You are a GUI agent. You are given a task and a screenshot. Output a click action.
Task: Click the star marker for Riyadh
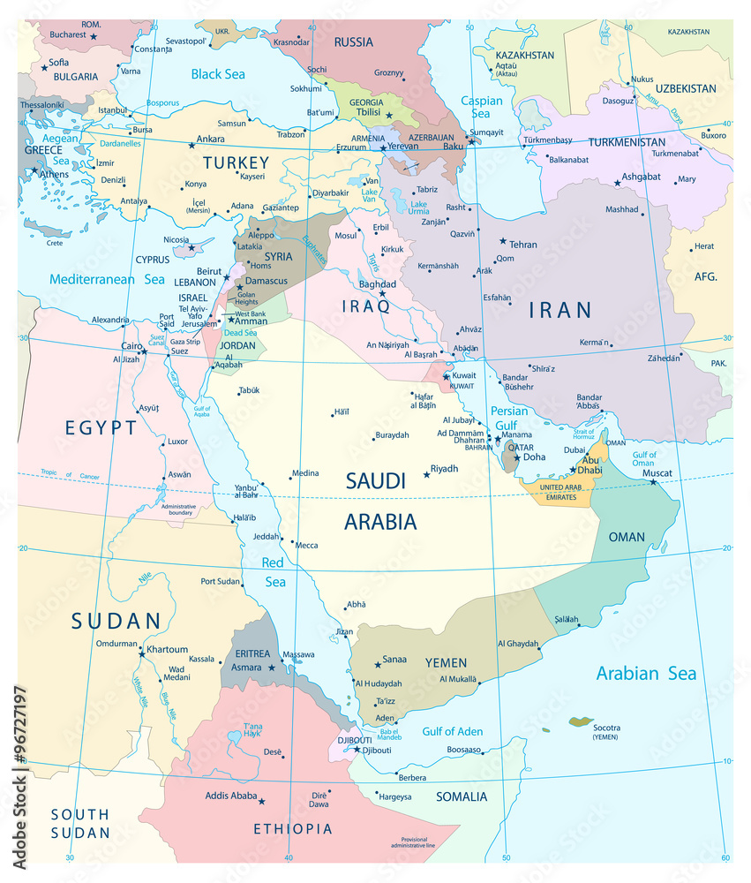click(x=426, y=475)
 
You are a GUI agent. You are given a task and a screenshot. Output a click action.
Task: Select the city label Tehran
click(x=522, y=245)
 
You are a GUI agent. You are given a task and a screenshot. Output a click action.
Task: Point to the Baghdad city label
click(x=378, y=284)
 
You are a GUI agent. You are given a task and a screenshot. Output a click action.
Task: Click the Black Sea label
click(x=218, y=74)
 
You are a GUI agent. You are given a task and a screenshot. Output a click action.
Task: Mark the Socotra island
click(x=580, y=721)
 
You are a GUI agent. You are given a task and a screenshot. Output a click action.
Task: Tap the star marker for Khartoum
click(x=141, y=654)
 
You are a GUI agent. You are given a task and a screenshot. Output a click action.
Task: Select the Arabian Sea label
click(x=646, y=674)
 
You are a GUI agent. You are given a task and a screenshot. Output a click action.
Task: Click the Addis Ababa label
click(x=231, y=796)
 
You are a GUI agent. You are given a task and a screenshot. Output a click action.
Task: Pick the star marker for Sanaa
click(x=378, y=664)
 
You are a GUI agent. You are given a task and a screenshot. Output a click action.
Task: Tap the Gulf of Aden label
click(x=452, y=731)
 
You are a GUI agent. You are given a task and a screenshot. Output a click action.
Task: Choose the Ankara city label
click(x=210, y=139)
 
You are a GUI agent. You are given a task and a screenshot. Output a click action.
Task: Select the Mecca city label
click(x=306, y=546)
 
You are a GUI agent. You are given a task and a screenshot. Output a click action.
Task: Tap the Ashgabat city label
click(x=642, y=177)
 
